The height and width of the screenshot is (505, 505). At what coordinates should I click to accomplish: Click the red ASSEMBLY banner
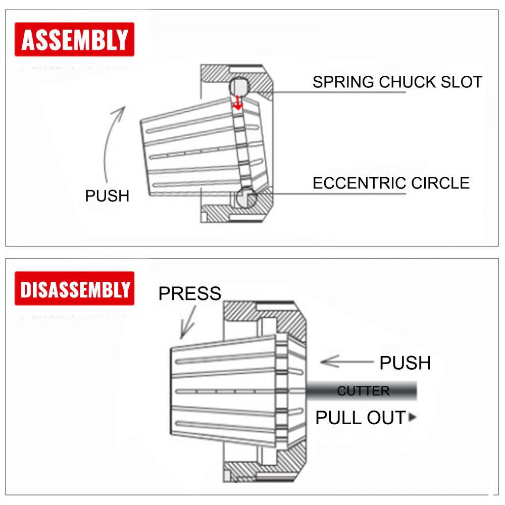[x=75, y=39]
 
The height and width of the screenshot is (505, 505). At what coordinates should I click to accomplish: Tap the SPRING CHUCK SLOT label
[x=397, y=82]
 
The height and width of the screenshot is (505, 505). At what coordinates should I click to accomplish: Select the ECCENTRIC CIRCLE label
[x=391, y=182]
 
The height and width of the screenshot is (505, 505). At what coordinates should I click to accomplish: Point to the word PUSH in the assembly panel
[x=107, y=196]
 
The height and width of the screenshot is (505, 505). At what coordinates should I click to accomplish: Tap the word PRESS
[x=190, y=293]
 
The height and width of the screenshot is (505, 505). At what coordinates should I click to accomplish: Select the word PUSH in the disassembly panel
[x=405, y=363]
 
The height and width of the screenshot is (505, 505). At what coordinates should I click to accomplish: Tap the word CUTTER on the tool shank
[x=363, y=391]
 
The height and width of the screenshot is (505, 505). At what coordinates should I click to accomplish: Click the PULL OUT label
[x=361, y=418]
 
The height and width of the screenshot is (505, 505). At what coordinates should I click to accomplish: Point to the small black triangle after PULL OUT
[x=413, y=418]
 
